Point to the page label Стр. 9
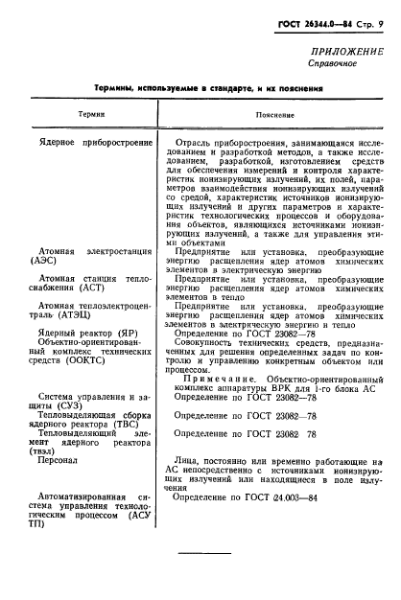[370, 20]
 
